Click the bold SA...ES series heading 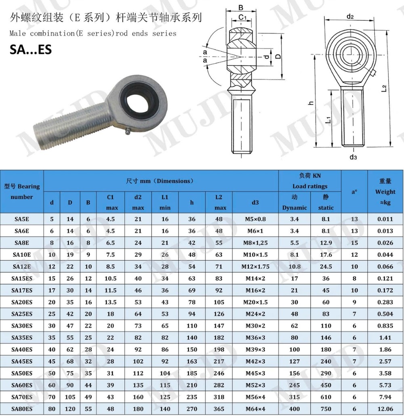(31, 49)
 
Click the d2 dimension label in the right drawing (350, 17)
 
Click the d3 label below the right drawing (353, 157)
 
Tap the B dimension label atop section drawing (240, 7)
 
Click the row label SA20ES (22, 302)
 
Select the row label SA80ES (22, 409)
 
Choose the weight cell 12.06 (385, 409)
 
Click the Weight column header (385, 192)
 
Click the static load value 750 (326, 409)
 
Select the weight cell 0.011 (385, 219)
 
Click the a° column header (354, 192)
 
